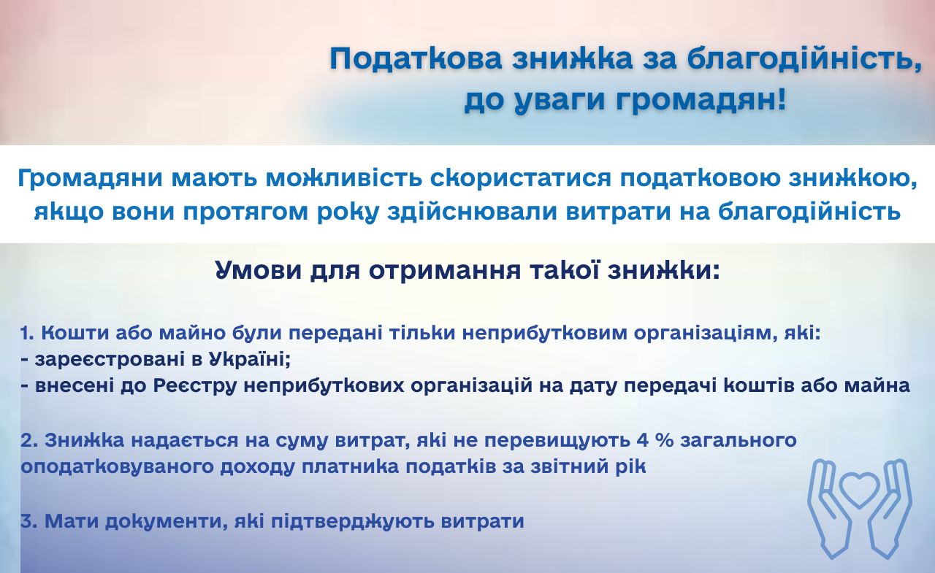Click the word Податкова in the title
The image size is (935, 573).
416,59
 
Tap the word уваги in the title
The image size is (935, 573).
560,102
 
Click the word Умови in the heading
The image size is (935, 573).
259,271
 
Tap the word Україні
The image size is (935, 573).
249,358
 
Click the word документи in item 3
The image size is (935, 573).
164,521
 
